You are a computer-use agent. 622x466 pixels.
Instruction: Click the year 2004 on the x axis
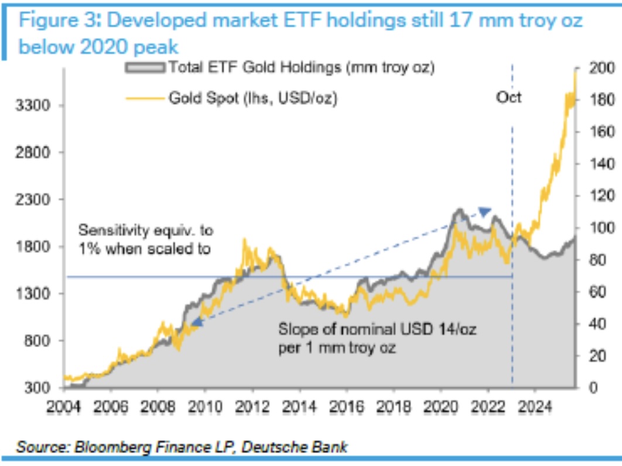coord(64,405)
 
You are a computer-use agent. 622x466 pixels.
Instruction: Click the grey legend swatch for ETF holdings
coord(145,68)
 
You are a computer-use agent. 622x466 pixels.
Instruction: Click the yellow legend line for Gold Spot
coord(145,98)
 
